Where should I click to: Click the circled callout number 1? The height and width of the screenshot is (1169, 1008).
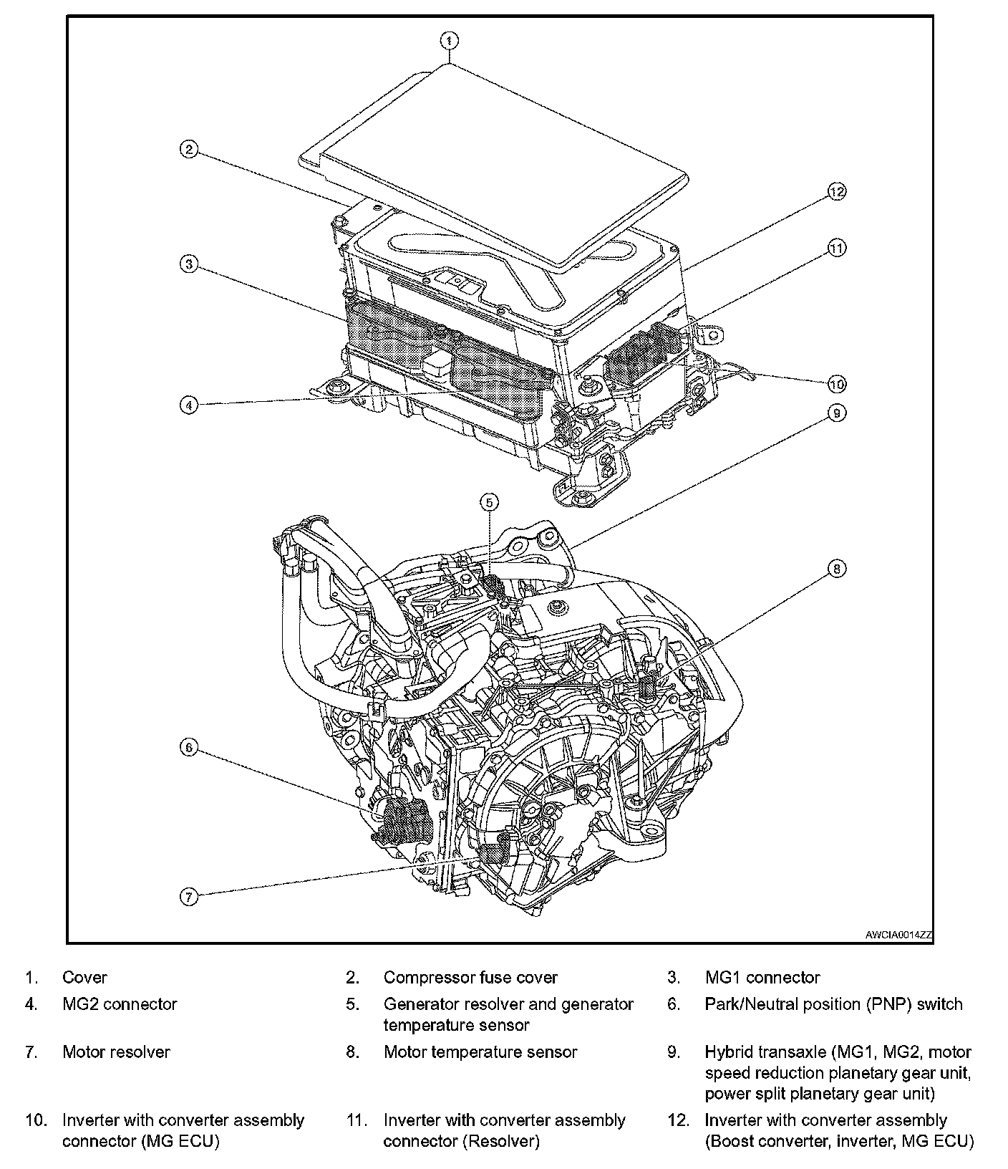(449, 40)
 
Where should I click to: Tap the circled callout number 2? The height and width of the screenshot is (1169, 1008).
(188, 150)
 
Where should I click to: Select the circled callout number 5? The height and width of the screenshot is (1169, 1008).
(489, 503)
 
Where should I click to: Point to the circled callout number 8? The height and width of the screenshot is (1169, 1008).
(836, 569)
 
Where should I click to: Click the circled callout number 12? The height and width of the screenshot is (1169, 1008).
(837, 191)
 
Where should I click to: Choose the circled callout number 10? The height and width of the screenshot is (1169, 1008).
(836, 384)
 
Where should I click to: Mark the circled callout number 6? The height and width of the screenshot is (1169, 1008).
(188, 748)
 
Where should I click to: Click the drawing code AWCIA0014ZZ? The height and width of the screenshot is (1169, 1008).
(898, 935)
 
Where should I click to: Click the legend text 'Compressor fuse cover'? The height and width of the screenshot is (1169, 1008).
(470, 978)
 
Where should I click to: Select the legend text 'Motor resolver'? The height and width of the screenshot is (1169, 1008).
(116, 1052)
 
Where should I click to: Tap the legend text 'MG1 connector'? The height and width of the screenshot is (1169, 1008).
(762, 978)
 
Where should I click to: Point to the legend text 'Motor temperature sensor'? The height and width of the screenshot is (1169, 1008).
(480, 1052)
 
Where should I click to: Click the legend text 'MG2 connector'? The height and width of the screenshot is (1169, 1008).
(120, 1004)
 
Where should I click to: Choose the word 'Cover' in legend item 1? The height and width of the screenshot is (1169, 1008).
(84, 978)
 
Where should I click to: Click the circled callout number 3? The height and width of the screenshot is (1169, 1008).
(188, 264)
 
